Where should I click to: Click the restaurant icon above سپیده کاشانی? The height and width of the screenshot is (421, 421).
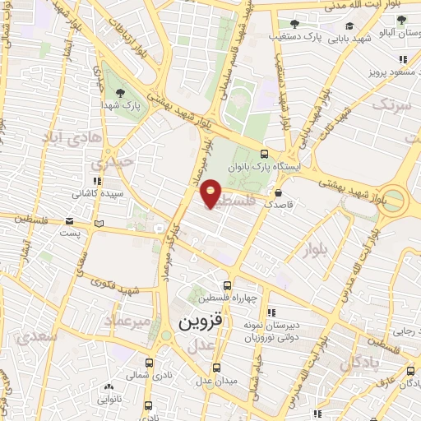pyautogui.click(x=97, y=181)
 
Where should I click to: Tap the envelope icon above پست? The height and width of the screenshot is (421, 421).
pyautogui.click(x=72, y=221)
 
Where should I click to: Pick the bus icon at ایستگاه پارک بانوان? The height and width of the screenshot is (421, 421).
pyautogui.click(x=263, y=153)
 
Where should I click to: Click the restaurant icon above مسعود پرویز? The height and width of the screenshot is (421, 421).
pyautogui.click(x=402, y=59)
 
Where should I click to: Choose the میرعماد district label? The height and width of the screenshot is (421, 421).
pyautogui.click(x=128, y=321)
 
